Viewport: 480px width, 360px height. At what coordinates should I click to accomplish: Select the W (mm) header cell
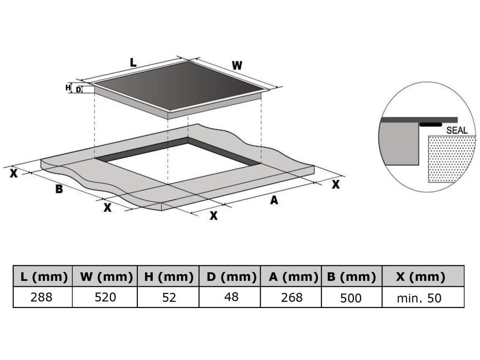(105, 277)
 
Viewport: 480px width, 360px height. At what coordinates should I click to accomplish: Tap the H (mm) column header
(168, 277)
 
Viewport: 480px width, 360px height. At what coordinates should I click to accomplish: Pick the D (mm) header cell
(230, 277)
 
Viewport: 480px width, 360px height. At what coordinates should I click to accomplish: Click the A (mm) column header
(291, 277)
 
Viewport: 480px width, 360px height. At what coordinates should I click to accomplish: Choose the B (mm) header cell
(352, 277)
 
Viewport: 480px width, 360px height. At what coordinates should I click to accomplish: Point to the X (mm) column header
(420, 277)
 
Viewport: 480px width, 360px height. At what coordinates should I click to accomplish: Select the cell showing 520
(105, 297)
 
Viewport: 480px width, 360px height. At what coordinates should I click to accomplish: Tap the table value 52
(168, 297)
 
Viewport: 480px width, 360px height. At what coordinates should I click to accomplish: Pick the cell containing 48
(230, 297)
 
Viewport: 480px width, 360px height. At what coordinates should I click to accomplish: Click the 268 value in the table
(291, 297)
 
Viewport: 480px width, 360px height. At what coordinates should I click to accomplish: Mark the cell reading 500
(352, 297)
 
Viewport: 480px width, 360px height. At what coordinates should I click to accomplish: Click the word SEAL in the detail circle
(457, 130)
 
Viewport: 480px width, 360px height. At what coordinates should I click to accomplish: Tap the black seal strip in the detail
(430, 125)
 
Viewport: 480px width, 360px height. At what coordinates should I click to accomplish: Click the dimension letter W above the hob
(237, 66)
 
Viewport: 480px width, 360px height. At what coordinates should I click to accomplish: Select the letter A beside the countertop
(274, 200)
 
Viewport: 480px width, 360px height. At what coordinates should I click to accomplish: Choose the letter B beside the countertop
(59, 189)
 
